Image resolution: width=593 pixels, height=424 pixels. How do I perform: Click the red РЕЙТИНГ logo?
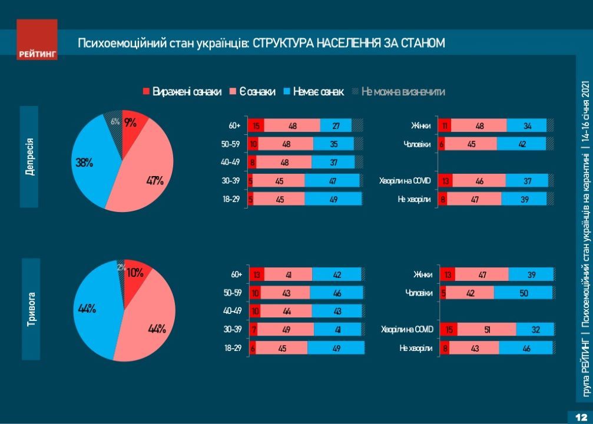pos(37,39)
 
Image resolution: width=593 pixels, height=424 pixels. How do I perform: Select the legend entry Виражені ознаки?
pos(182,91)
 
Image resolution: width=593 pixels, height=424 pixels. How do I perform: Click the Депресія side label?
pos(29,157)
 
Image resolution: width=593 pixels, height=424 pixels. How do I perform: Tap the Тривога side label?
pos(31,309)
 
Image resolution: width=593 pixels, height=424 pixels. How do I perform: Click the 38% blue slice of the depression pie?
pos(88,162)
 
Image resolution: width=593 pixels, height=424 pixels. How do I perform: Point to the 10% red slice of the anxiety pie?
pos(136,273)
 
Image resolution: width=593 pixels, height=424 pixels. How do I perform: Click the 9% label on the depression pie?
pos(130,122)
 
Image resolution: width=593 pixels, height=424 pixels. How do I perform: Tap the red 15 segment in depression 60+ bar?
pos(256,125)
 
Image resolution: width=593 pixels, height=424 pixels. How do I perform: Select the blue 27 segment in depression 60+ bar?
pos(336,125)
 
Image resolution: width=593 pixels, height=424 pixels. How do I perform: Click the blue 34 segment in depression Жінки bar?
pos(526,125)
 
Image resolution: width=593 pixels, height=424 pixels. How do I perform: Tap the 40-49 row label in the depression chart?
pos(235,163)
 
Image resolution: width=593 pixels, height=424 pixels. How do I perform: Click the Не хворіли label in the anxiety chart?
pos(416,348)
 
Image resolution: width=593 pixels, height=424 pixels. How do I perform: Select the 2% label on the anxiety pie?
pos(120,267)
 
